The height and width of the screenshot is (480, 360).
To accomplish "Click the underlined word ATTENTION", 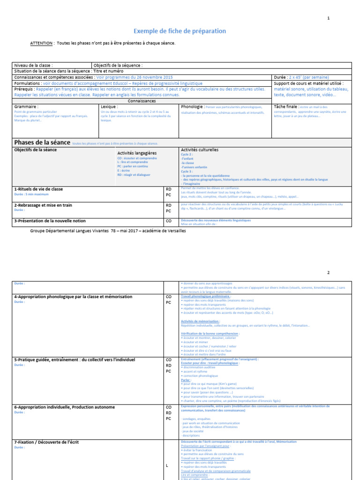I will pyautogui.click(x=42, y=43).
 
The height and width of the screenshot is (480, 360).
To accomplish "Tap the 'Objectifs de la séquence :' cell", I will pyautogui.click(x=118, y=65).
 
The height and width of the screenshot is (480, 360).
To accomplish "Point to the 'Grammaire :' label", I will pyautogui.click(x=26, y=106).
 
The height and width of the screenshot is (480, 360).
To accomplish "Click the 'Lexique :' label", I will pyautogui.click(x=109, y=106).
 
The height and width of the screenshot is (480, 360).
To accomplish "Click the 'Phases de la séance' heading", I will pyautogui.click(x=42, y=142).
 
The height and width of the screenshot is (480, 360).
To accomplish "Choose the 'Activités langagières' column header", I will pyautogui.click(x=137, y=153).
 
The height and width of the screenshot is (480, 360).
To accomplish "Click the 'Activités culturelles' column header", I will pyautogui.click(x=200, y=150).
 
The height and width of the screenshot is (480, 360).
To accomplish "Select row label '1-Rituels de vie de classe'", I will pyautogui.click(x=38, y=189).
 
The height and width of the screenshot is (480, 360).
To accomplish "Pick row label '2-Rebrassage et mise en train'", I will pyautogui.click(x=43, y=205).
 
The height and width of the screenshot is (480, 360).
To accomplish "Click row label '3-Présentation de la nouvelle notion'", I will pyautogui.click(x=50, y=220).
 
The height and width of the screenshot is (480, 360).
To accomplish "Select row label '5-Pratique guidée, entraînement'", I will pyautogui.click(x=75, y=360).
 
